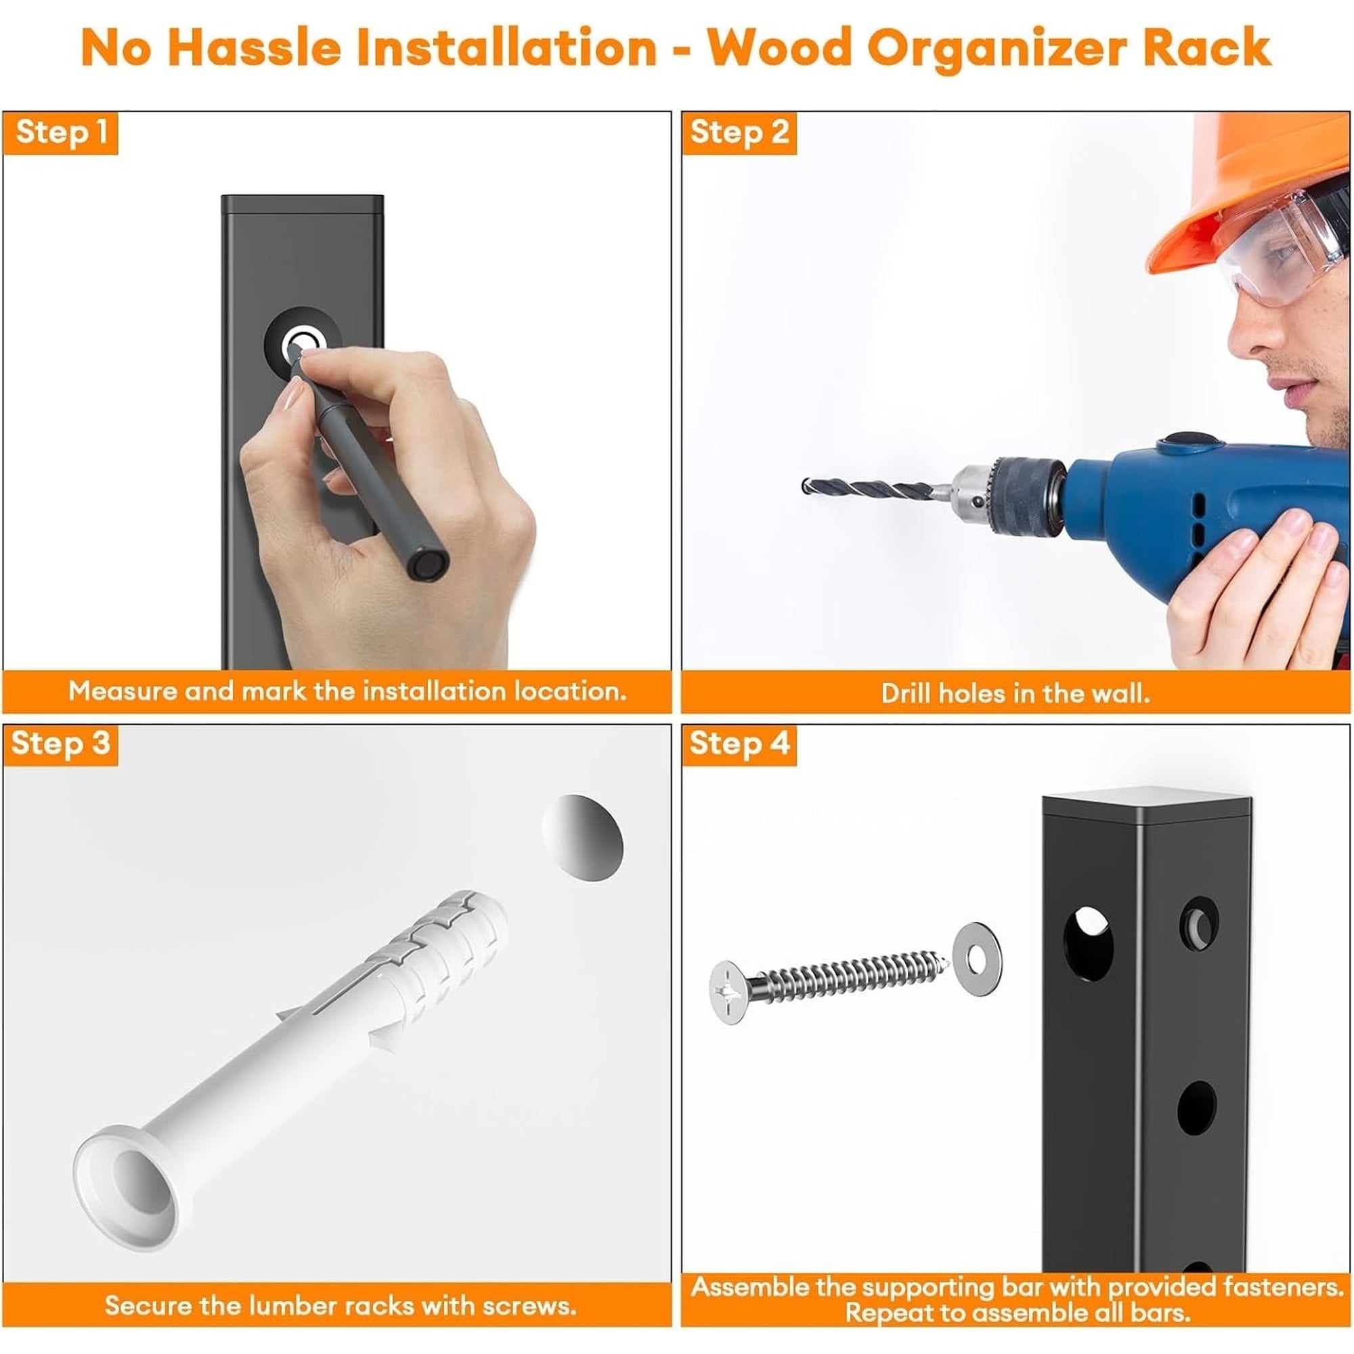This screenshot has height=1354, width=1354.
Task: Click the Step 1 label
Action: (61, 133)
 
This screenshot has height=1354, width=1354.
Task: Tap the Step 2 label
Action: (739, 133)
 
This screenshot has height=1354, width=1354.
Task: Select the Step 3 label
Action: (61, 744)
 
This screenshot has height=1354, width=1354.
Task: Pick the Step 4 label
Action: (739, 744)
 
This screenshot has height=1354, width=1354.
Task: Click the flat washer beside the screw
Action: (978, 958)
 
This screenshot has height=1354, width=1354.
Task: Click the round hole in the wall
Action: (582, 837)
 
